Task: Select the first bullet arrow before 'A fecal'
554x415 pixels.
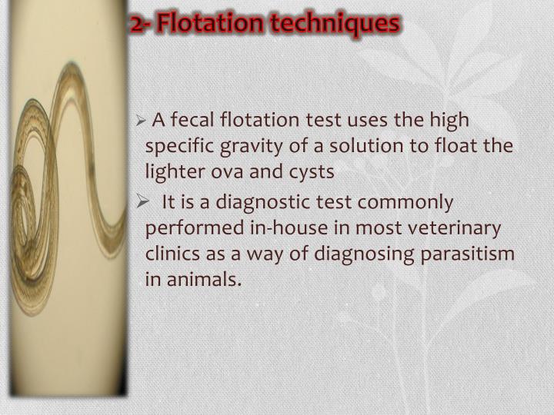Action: [x=140, y=121]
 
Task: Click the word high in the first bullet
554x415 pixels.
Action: [x=453, y=120]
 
